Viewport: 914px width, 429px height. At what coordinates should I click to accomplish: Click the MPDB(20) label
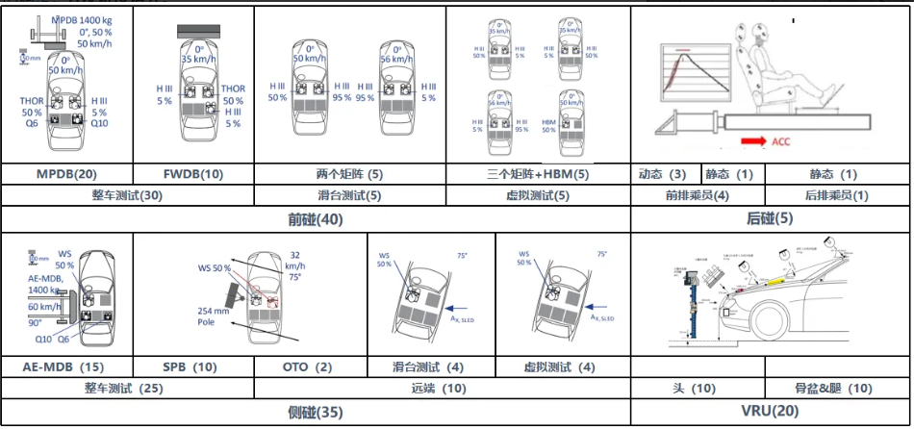(x=66, y=174)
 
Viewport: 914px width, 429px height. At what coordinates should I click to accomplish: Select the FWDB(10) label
(x=193, y=174)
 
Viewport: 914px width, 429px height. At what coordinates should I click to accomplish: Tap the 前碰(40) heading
(x=315, y=219)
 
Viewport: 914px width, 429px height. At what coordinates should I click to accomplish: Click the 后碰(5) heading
(x=771, y=219)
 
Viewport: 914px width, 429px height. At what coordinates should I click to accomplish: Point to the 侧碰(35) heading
(x=315, y=413)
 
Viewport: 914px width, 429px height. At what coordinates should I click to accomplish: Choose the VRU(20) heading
(x=770, y=413)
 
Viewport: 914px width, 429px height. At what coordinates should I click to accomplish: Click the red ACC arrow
(x=752, y=141)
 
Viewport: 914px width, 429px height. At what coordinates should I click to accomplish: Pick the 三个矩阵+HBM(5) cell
(x=538, y=174)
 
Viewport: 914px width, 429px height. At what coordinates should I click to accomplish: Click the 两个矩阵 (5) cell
(x=349, y=174)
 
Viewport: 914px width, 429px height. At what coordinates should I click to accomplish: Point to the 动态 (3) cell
(x=663, y=174)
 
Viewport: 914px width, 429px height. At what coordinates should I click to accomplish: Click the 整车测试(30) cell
(x=127, y=196)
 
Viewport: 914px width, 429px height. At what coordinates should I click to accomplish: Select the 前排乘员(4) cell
(x=696, y=196)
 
